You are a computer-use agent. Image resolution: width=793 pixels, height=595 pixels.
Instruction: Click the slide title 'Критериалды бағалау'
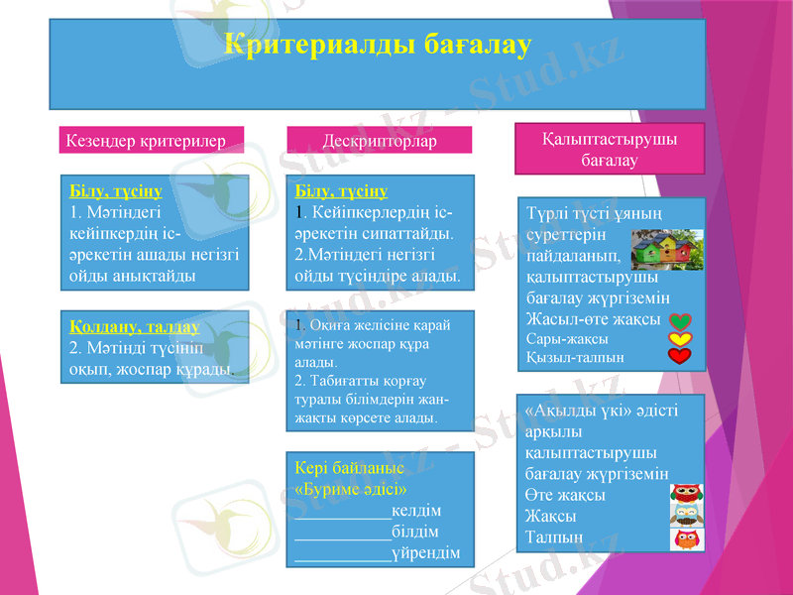point(378,46)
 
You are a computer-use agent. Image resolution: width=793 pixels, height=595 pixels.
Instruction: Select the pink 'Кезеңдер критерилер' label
point(140,141)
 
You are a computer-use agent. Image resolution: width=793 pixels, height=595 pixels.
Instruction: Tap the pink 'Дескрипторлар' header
point(380,142)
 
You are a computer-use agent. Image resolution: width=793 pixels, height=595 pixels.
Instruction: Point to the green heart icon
point(680,321)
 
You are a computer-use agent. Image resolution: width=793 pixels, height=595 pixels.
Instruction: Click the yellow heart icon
point(680,339)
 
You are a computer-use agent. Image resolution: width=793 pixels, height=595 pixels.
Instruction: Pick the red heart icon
point(680,357)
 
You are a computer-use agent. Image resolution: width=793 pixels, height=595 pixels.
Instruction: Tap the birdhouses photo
point(668,249)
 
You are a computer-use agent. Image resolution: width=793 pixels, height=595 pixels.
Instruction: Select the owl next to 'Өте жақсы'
point(686,494)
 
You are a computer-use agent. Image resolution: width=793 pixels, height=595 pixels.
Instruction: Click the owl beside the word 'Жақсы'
point(686,516)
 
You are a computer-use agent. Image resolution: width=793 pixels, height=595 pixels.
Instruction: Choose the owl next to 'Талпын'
point(686,538)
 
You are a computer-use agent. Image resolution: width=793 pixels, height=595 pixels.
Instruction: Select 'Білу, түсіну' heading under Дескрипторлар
point(341,189)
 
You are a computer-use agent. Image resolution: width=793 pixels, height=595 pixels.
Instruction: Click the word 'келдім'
point(416,511)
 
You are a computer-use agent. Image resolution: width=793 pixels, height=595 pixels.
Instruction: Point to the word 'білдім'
point(415,532)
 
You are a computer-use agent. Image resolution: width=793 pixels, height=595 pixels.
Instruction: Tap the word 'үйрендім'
point(425,552)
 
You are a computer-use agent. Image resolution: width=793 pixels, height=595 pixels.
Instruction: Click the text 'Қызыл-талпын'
point(575,357)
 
